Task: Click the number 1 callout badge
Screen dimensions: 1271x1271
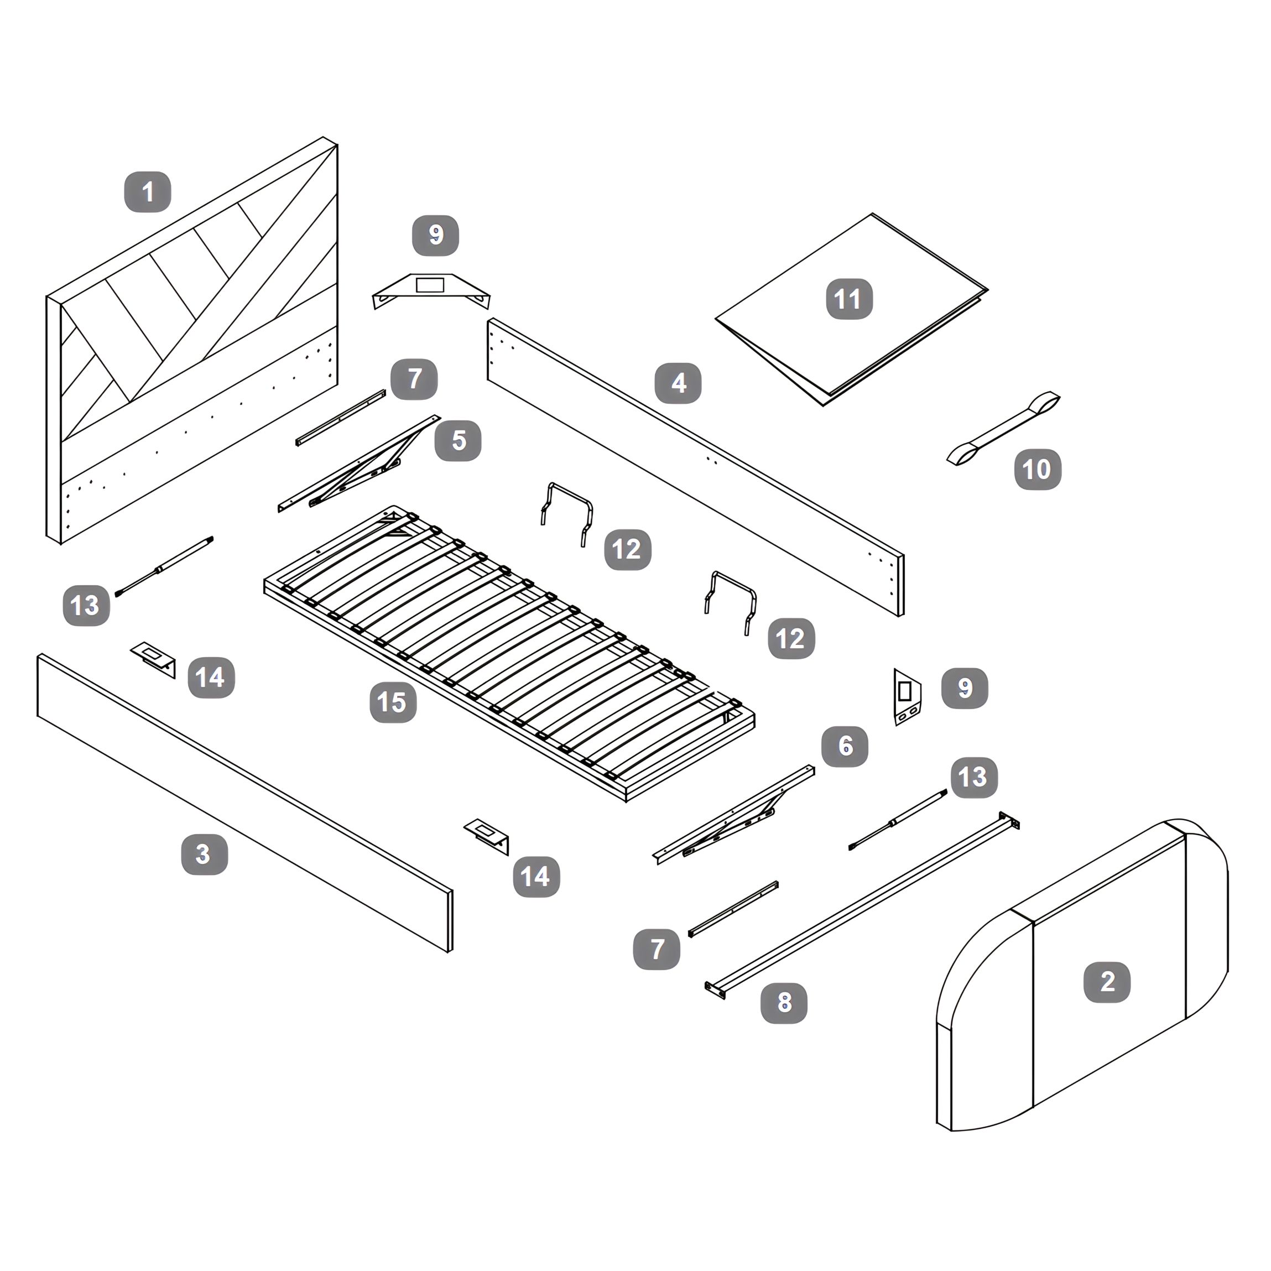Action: [148, 192]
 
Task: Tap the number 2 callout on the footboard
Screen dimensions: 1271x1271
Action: [1107, 982]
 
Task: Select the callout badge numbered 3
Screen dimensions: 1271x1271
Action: [205, 854]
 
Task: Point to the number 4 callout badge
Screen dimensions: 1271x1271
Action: [678, 383]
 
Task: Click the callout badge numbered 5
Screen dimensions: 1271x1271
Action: [458, 440]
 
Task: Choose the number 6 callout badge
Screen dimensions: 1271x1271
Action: [845, 746]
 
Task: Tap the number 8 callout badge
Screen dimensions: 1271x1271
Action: [784, 1003]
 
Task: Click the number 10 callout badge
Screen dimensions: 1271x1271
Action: [1038, 469]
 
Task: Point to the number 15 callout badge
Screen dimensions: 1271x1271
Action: [393, 702]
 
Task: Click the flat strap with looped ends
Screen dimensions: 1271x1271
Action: [1004, 428]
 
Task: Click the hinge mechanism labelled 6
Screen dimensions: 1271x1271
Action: [733, 815]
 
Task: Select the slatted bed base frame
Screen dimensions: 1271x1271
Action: [509, 654]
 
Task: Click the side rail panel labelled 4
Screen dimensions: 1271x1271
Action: [695, 467]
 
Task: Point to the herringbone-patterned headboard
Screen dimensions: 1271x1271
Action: [192, 341]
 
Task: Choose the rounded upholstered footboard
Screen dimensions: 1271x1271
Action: [1082, 976]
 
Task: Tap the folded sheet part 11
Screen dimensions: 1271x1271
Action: [851, 309]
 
